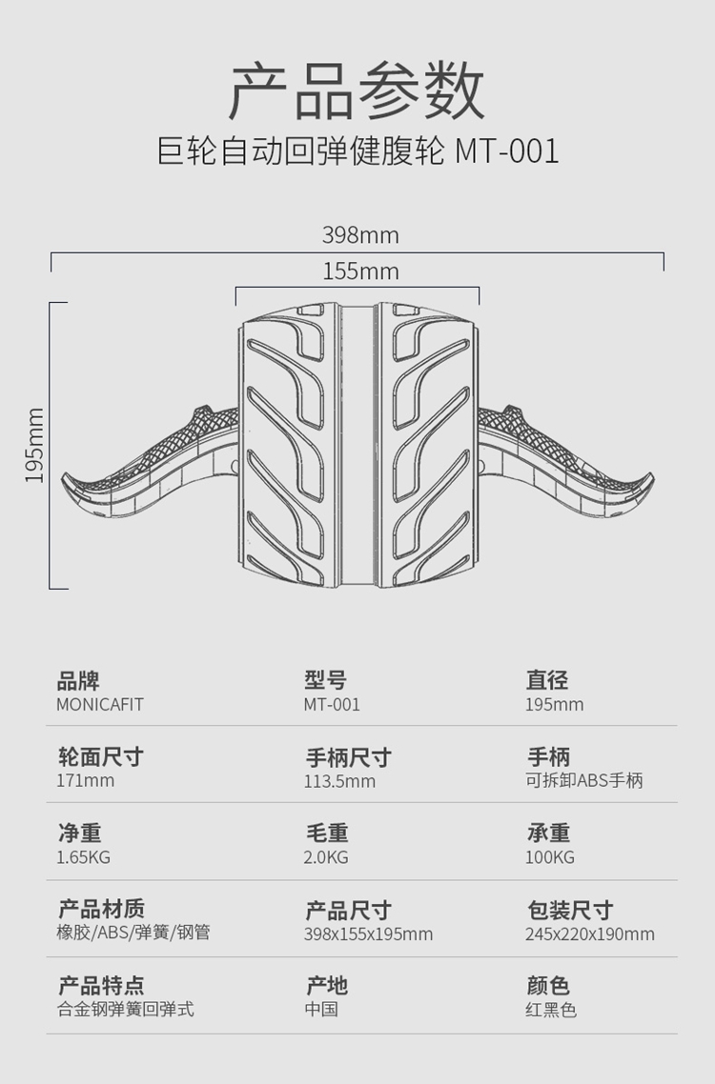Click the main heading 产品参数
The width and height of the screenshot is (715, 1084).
point(357,90)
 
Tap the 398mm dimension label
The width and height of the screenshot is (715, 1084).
point(360,235)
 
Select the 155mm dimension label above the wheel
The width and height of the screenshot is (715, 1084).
point(360,271)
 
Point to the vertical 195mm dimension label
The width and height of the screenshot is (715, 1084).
point(34,445)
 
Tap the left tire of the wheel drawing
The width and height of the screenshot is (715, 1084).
point(287,445)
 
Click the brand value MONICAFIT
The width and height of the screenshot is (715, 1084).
point(100,705)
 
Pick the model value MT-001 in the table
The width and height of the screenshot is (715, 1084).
point(332,705)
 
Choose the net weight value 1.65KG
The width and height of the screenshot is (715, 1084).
point(83,857)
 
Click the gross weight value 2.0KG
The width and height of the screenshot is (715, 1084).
point(326,857)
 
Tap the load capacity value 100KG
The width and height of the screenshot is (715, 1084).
point(550,857)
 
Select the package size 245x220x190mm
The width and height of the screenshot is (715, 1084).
point(590,934)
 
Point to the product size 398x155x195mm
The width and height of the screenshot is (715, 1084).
point(368,934)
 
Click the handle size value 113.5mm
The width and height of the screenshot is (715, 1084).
point(339,781)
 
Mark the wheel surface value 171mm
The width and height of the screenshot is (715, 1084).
point(85,780)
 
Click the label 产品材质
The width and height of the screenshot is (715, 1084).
point(101,909)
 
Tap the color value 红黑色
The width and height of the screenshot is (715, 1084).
point(551,1010)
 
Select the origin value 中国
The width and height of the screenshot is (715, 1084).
point(321,1010)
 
